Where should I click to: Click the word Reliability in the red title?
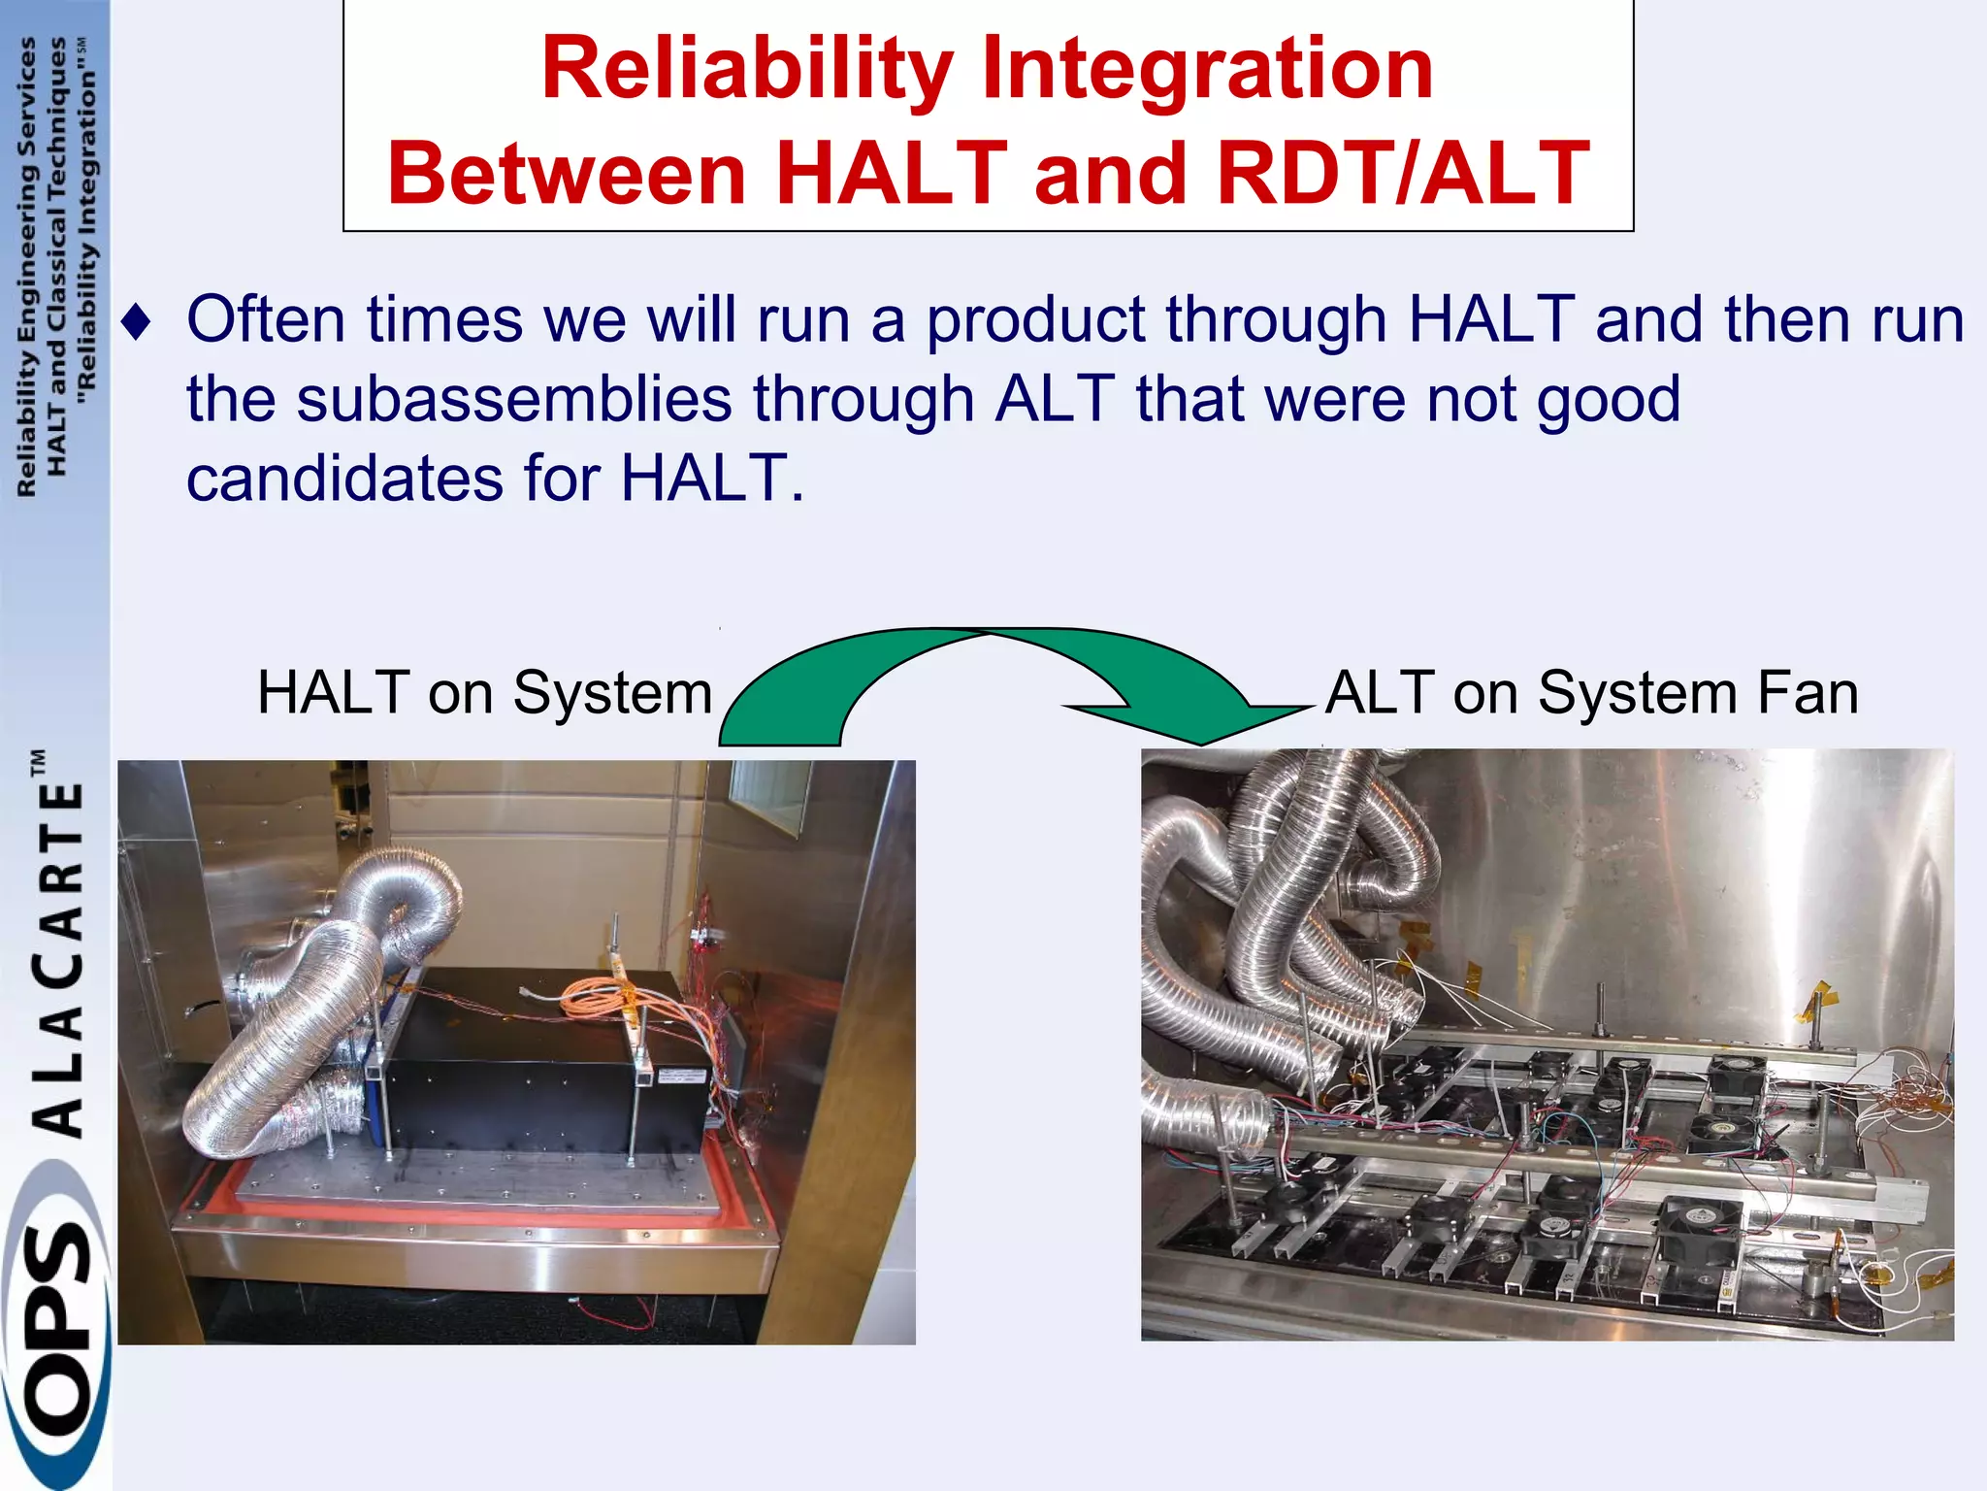pos(747,70)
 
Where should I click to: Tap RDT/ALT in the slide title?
pos(1403,175)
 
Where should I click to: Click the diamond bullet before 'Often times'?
pos(139,322)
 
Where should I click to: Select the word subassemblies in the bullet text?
pos(513,400)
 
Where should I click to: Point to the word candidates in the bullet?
pos(344,479)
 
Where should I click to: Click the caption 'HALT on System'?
pos(484,693)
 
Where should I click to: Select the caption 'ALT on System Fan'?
pos(1591,693)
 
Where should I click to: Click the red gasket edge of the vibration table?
pos(485,1214)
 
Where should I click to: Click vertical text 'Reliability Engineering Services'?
pos(26,267)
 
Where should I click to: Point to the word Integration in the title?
pos(1207,70)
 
